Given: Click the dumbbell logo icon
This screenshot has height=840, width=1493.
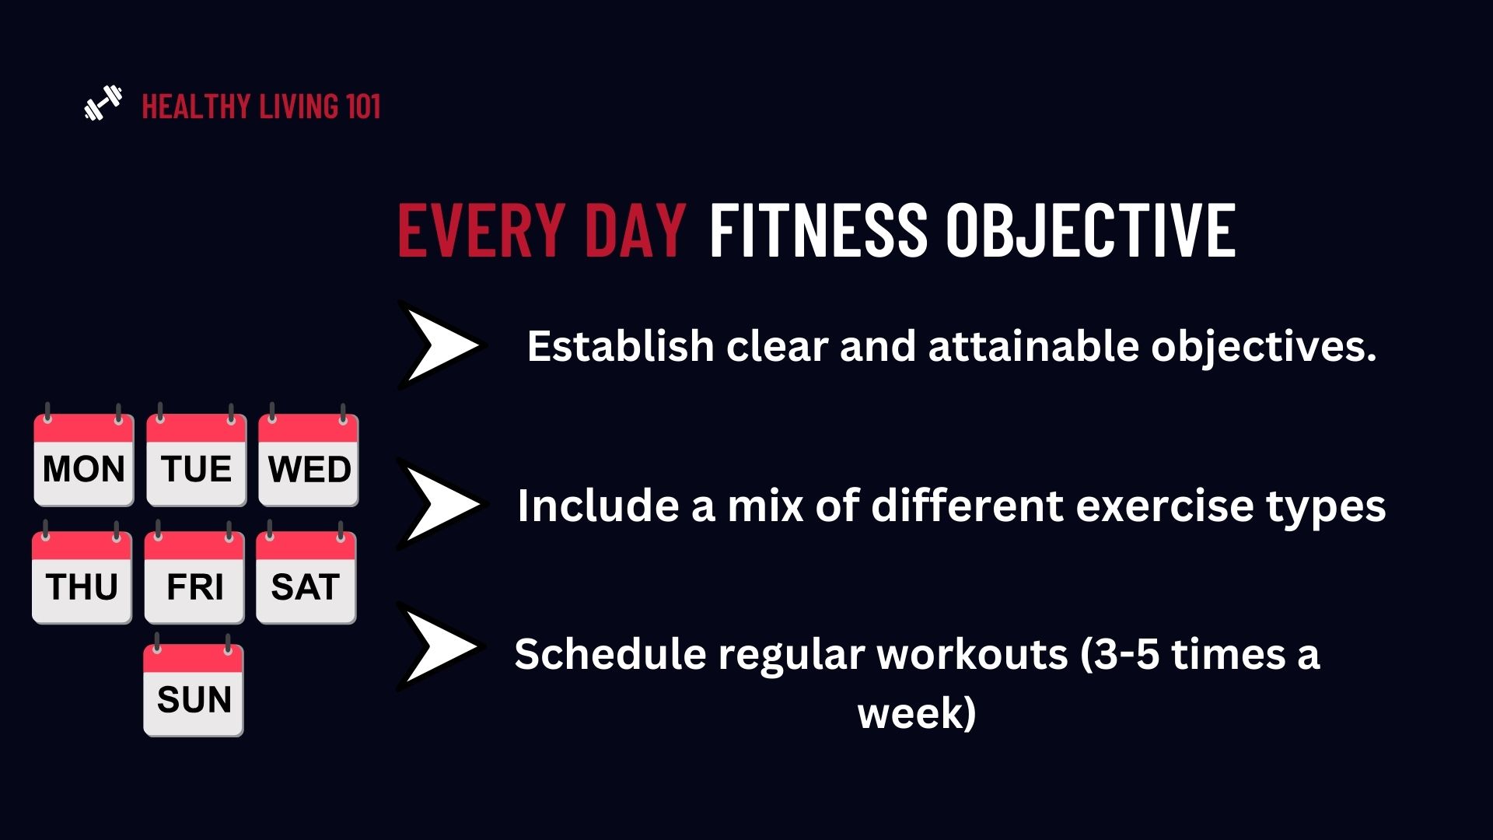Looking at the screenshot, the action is [x=103, y=103].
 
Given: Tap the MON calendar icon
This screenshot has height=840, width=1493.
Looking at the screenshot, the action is [x=84, y=456].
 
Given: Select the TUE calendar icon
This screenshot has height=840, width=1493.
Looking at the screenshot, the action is [x=197, y=456].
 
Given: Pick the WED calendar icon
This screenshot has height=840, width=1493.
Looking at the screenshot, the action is [x=309, y=456].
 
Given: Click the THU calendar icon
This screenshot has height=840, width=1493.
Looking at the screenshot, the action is [x=82, y=573].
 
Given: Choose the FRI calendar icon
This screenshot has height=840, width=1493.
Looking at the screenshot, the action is [x=194, y=573].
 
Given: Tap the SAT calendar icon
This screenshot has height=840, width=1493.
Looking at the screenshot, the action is [x=306, y=573].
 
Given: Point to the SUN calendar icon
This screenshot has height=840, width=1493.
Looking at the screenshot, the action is [x=194, y=686].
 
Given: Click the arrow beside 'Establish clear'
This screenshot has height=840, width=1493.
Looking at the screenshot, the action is [x=440, y=345].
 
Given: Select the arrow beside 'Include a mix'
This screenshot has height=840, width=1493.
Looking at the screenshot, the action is [x=440, y=504].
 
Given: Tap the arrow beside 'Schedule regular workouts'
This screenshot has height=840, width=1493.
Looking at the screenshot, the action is [x=440, y=647].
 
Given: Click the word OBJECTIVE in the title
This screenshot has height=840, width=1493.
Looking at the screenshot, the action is [x=1090, y=229].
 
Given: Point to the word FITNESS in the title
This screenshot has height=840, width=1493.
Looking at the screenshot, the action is [x=818, y=229].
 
